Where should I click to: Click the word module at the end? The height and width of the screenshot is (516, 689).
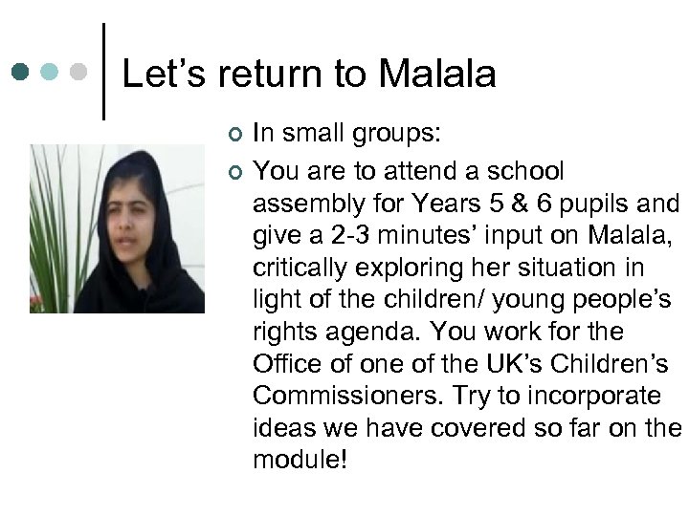(297, 460)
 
